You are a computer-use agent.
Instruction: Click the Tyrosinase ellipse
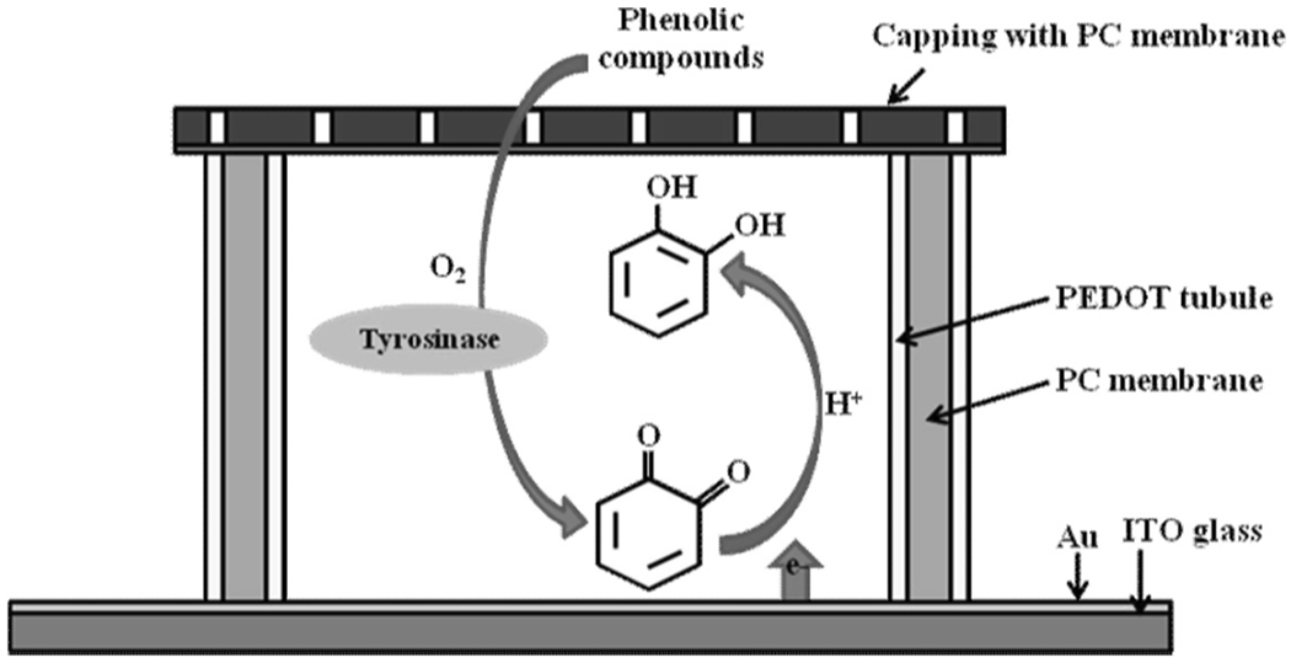pyautogui.click(x=428, y=340)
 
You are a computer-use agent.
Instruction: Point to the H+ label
pyautogui.click(x=843, y=407)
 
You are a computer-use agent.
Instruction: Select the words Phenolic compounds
pyautogui.click(x=681, y=40)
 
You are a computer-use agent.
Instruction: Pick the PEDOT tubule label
pyautogui.click(x=1163, y=299)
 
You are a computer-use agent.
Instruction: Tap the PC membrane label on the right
pyautogui.click(x=1159, y=381)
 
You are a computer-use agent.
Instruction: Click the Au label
pyautogui.click(x=1077, y=538)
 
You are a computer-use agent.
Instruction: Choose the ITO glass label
pyautogui.click(x=1192, y=530)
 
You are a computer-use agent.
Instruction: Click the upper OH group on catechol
pyautogui.click(x=674, y=188)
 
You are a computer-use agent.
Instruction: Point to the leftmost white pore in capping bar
pyautogui.click(x=217, y=127)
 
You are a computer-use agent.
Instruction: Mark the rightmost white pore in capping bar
pyautogui.click(x=955, y=127)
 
